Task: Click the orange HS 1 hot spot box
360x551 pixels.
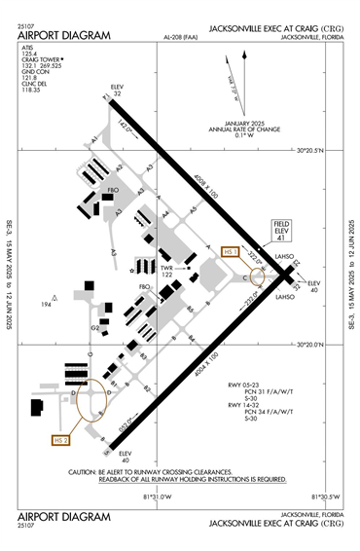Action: point(232,251)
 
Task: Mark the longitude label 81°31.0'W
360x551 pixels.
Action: point(158,496)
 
